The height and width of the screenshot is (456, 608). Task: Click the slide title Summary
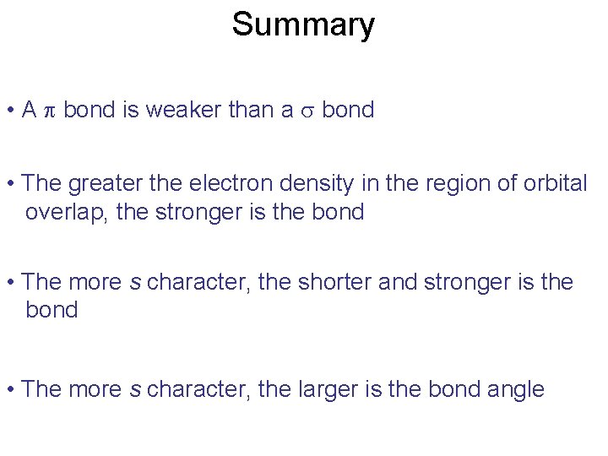point(303,24)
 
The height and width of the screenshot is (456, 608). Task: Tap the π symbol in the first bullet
point(48,111)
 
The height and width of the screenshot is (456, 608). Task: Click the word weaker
point(183,110)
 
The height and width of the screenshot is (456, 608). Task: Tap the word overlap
point(67,212)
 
